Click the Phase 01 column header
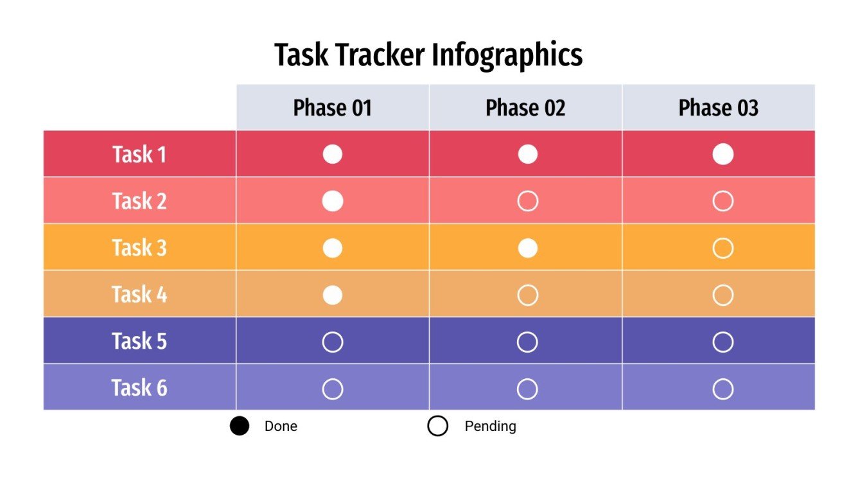[333, 108]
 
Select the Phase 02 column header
[525, 108]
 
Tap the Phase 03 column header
[718, 108]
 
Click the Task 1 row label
[139, 155]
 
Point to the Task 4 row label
[139, 295]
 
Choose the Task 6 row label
[139, 388]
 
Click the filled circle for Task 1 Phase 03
[722, 155]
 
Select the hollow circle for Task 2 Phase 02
[527, 202]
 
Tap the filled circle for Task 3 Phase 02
[527, 248]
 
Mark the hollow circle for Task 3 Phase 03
[722, 248]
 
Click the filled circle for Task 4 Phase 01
[332, 295]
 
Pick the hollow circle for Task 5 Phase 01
[332, 342]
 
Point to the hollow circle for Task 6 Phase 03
[722, 389]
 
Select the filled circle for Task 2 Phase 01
[332, 202]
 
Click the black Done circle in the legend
[240, 426]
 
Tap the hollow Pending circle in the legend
[437, 426]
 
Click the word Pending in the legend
[490, 426]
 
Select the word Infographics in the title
[507, 55]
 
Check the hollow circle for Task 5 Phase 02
[527, 342]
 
